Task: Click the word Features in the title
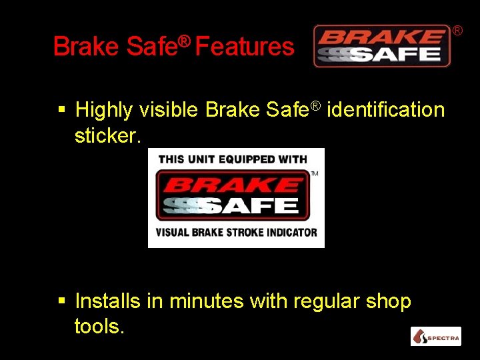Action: coord(245,47)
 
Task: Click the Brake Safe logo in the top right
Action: coord(382,46)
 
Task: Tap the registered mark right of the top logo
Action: coord(458,30)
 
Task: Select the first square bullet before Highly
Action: coord(61,108)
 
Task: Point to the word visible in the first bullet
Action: coord(172,109)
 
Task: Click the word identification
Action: coord(386,109)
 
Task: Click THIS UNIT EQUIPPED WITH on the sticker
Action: coord(233,159)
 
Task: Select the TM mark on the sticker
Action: coord(315,174)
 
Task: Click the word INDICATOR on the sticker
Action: coord(291,233)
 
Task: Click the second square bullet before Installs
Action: coord(61,301)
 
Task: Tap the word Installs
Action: coord(108,301)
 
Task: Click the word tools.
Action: coord(99,327)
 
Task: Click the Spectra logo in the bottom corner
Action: coord(435,337)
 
